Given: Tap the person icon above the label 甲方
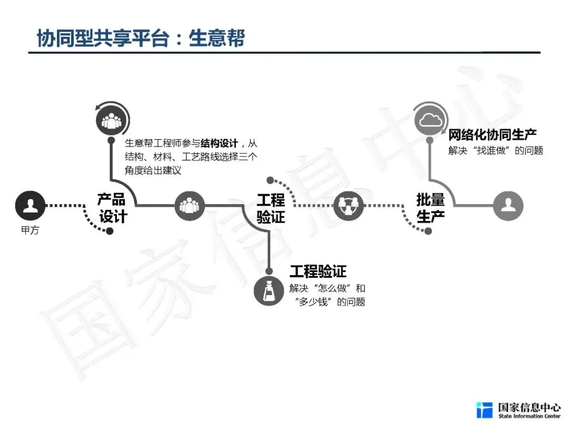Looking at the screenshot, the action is pyautogui.click(x=30, y=205).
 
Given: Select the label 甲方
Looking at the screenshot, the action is pyautogui.click(x=30, y=231).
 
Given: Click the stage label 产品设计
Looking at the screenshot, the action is pyautogui.click(x=112, y=208).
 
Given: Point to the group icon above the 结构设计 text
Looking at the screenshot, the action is pyautogui.click(x=111, y=120).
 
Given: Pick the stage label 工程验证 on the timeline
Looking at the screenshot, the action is pyautogui.click(x=271, y=208).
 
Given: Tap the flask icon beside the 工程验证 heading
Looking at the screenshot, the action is pyautogui.click(x=269, y=290).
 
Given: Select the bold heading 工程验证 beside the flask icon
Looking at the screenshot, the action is pyautogui.click(x=318, y=271).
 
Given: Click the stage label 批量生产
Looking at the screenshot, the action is pyautogui.click(x=430, y=208).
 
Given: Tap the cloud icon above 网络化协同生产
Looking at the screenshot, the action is pyautogui.click(x=430, y=120).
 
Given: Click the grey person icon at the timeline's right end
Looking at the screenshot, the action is pyautogui.click(x=508, y=205).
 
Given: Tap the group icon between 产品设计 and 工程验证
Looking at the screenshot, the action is pyautogui.click(x=189, y=205).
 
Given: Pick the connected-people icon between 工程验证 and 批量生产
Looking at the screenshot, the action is pyautogui.click(x=349, y=205).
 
